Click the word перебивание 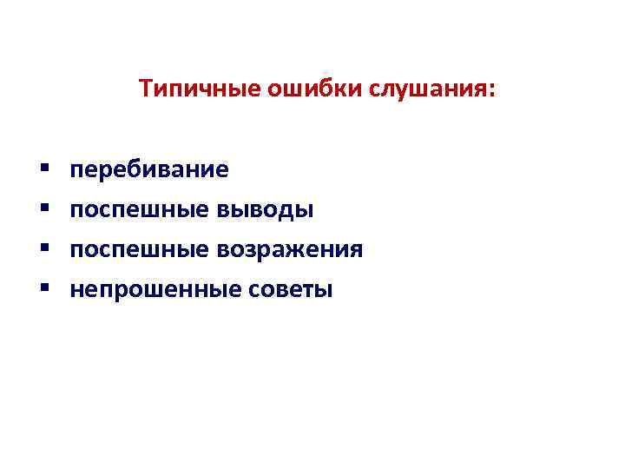tap(149, 169)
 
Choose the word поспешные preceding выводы tap(139, 210)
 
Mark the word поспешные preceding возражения tap(139, 250)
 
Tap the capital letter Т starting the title tap(145, 89)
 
